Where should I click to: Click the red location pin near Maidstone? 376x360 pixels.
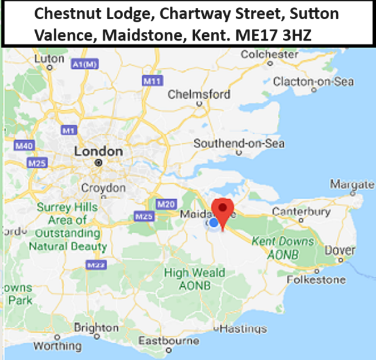pyautogui.click(x=222, y=212)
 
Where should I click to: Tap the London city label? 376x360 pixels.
pyautogui.click(x=98, y=152)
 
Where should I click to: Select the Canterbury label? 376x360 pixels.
pyautogui.click(x=301, y=212)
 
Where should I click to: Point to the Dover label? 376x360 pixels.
pyautogui.click(x=341, y=250)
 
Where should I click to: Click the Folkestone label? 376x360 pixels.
pyautogui.click(x=316, y=279)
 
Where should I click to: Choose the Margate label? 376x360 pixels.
pyautogui.click(x=352, y=185)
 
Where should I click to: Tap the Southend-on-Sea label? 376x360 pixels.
pyautogui.click(x=239, y=144)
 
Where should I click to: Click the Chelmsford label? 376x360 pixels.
pyautogui.click(x=199, y=94)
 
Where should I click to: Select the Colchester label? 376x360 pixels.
pyautogui.click(x=269, y=55)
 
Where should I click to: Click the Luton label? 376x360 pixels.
pyautogui.click(x=49, y=58)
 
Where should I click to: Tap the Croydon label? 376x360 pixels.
pyautogui.click(x=103, y=188)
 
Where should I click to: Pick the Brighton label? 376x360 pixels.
pyautogui.click(x=96, y=328)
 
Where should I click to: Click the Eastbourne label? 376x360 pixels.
pyautogui.click(x=168, y=341)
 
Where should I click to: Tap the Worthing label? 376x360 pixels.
pyautogui.click(x=57, y=346)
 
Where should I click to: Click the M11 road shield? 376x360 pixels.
pyautogui.click(x=152, y=81)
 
